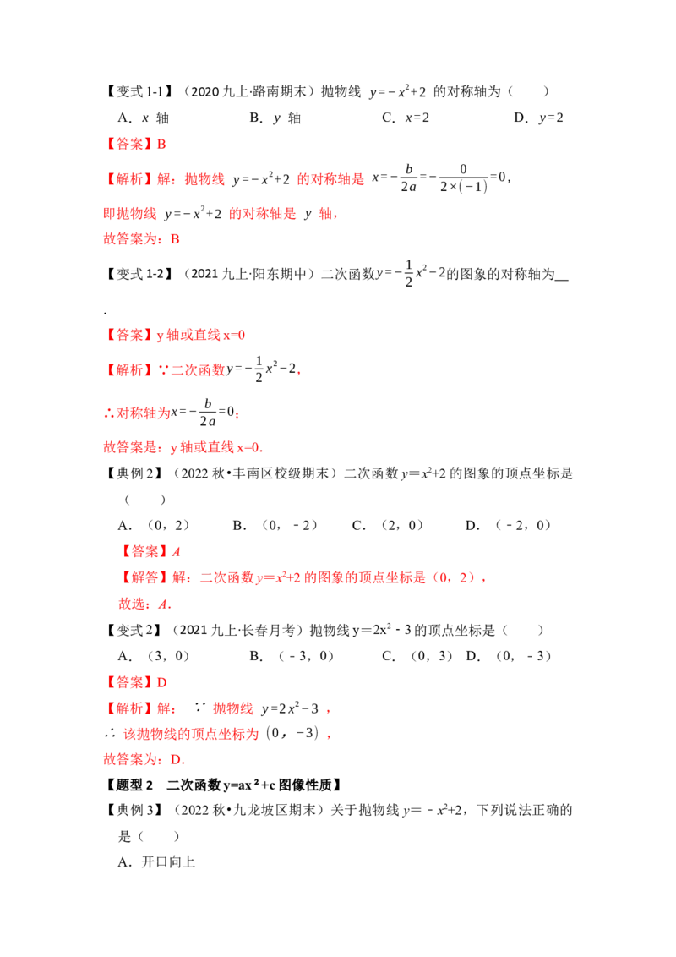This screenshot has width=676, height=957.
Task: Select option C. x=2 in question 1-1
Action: click(406, 118)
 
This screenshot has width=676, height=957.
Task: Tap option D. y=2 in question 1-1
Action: click(539, 118)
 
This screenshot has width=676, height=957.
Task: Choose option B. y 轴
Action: click(275, 118)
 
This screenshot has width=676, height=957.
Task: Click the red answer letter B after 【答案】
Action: click(161, 144)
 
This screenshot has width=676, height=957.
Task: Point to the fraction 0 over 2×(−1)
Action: click(464, 178)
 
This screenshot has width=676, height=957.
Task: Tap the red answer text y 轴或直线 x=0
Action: click(201, 335)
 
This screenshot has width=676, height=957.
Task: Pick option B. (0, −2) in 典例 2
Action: click(275, 526)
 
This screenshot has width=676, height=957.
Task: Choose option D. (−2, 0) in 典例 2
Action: click(508, 526)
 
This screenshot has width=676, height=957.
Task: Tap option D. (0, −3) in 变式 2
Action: click(509, 656)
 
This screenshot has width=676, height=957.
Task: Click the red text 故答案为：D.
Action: click(144, 759)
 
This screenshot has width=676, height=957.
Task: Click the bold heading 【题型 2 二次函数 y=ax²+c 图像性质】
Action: click(224, 785)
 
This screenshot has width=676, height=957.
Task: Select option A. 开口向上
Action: click(156, 861)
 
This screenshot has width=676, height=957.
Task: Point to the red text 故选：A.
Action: click(144, 604)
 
